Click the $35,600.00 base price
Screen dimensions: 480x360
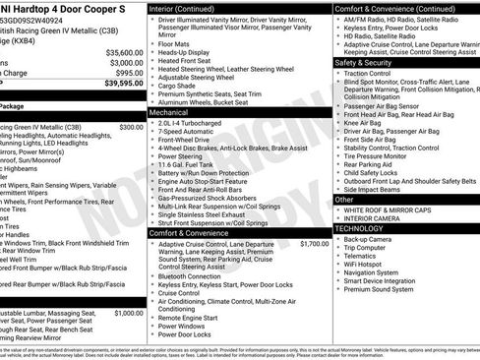(x=123, y=52)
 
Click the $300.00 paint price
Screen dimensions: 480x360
(x=130, y=127)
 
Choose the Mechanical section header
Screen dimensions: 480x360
(x=170, y=113)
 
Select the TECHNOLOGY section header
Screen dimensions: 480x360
(x=360, y=227)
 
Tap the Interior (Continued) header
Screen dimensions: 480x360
(x=190, y=8)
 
